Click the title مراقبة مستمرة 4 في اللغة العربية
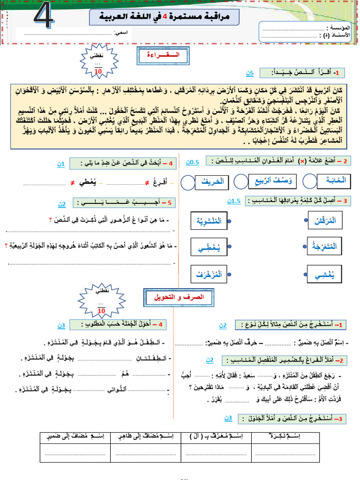point(164,17)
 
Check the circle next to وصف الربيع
point(241,181)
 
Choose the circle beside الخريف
point(187,183)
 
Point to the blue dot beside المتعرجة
point(307,246)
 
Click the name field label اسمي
point(123,33)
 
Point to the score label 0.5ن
point(193,162)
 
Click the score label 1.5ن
point(233,201)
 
